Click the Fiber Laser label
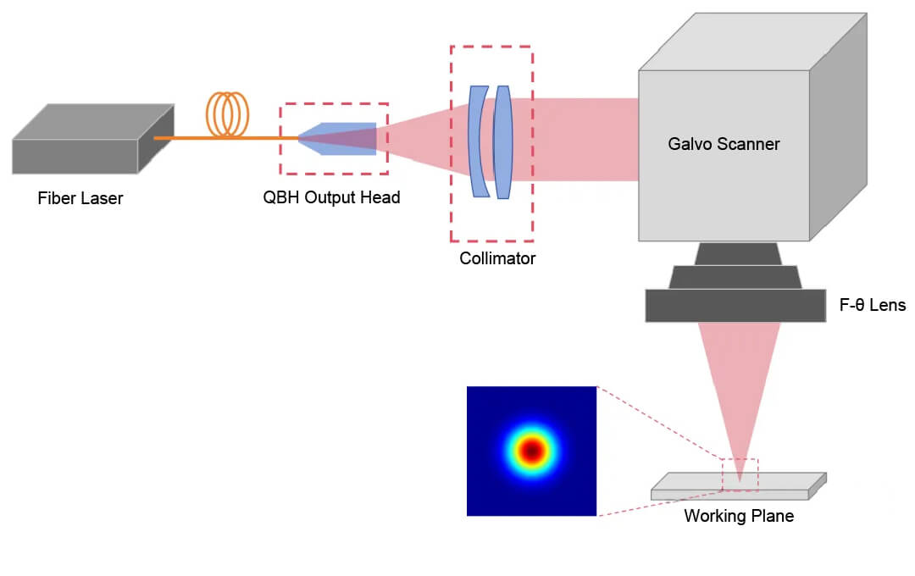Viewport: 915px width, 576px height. tap(80, 199)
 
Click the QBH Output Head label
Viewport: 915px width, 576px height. tap(331, 198)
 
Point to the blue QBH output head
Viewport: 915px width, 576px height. tap(343, 139)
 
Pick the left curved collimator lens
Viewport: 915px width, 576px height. tap(477, 141)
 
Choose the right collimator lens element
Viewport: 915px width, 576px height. tap(504, 141)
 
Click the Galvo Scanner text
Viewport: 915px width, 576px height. tap(724, 144)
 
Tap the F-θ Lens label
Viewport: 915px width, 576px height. tap(873, 306)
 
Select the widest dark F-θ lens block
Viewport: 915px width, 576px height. tap(735, 306)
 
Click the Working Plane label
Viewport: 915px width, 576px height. tap(739, 516)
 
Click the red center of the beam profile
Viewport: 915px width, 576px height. tap(531, 451)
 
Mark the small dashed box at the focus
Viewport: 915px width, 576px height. tap(739, 474)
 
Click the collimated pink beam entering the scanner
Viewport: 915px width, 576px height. tap(585, 139)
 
